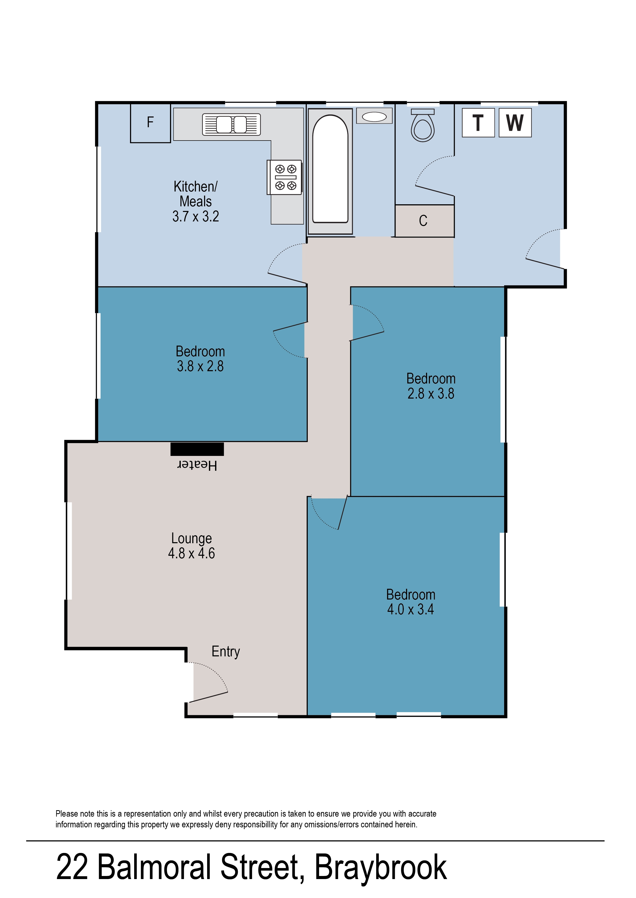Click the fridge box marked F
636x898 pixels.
[x=150, y=123]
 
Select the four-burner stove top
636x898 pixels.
[x=285, y=177]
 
